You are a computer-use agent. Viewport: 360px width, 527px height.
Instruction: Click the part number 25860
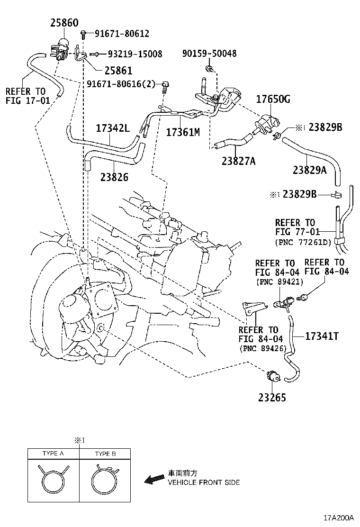64,23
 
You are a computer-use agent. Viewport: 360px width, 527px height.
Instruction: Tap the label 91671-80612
122,33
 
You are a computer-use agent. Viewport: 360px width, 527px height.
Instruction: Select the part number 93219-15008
135,54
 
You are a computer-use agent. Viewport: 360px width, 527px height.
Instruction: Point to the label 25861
118,71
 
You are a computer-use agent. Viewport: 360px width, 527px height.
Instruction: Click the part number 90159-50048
209,53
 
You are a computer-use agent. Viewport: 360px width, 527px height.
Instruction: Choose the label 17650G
273,99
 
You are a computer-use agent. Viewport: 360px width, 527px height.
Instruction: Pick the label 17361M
183,132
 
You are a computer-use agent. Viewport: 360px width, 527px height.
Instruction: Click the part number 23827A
238,161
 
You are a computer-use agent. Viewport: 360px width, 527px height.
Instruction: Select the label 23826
114,177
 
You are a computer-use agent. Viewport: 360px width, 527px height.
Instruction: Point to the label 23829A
310,170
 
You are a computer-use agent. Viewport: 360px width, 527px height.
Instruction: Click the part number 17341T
322,336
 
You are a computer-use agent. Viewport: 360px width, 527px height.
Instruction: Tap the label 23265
272,398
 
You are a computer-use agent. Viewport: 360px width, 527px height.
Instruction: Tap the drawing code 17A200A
339,518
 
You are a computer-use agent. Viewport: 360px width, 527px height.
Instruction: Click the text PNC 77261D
303,242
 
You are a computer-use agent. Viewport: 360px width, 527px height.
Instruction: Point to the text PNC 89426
262,348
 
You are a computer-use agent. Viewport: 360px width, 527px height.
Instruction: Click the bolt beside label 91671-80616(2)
165,85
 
